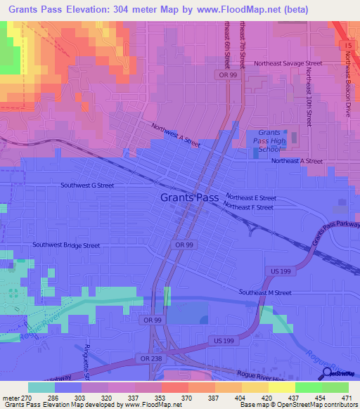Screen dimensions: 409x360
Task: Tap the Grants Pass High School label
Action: [269, 141]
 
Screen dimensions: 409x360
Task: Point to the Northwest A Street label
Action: [176, 134]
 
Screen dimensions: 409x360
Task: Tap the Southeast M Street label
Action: [264, 292]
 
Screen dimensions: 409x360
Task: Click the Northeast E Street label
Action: [250, 198]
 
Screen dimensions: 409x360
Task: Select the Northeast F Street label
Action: [248, 207]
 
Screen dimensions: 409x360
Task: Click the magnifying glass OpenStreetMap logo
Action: [326, 373]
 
